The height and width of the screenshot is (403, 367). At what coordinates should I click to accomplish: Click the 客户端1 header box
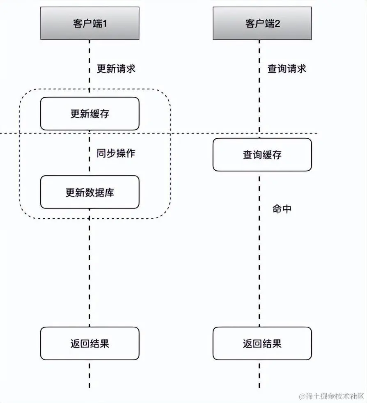pyautogui.click(x=89, y=23)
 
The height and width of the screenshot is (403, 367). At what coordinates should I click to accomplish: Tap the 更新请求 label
pyautogui.click(x=116, y=69)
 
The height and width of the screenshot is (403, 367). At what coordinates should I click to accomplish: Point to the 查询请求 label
pyautogui.click(x=287, y=69)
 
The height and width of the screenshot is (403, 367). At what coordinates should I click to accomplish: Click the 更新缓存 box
pyautogui.click(x=89, y=114)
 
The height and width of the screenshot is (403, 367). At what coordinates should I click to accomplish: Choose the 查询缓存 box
pyautogui.click(x=262, y=155)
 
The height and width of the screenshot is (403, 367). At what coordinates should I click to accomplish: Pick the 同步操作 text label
pyautogui.click(x=116, y=153)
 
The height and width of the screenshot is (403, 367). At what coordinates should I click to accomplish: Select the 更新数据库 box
pyautogui.click(x=89, y=192)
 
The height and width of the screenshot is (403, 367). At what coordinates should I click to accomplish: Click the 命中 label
pyautogui.click(x=282, y=208)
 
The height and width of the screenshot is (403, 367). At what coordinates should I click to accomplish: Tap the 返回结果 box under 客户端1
pyautogui.click(x=89, y=343)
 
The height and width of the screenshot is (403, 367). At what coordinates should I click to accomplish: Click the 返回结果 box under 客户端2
pyautogui.click(x=262, y=343)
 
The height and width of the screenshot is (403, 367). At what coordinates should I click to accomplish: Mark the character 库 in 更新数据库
pyautogui.click(x=109, y=192)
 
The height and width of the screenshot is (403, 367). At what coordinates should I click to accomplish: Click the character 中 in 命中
pyautogui.click(x=287, y=208)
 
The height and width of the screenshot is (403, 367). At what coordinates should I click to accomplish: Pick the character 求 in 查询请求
pyautogui.click(x=301, y=69)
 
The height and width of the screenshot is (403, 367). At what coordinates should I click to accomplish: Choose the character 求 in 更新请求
pyautogui.click(x=131, y=69)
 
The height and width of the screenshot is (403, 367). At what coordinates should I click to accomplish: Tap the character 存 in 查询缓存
pyautogui.click(x=277, y=155)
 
